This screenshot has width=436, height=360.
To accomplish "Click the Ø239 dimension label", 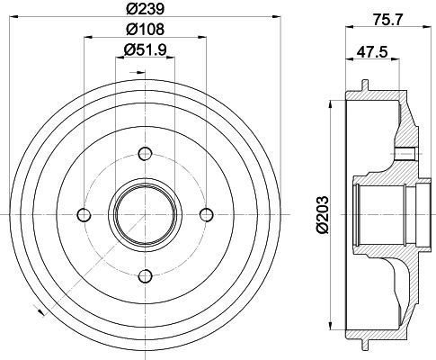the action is click(146, 9).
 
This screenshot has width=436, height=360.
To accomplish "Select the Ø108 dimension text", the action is click(146, 29).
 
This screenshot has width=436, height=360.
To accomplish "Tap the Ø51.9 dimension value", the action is click(146, 49).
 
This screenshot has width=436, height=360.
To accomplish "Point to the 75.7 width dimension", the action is click(387, 20).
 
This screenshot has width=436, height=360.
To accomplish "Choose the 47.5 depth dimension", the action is click(372, 52).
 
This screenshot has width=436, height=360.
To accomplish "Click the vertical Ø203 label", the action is click(323, 214).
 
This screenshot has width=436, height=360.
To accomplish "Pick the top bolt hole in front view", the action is click(146, 154).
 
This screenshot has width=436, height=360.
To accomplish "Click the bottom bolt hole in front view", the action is click(146, 276).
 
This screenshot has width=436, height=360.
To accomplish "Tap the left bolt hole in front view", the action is click(84, 215).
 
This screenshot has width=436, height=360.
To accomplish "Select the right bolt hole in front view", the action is click(207, 215).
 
